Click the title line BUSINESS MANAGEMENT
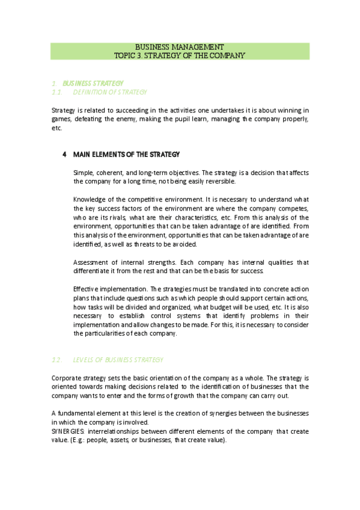point(180,46)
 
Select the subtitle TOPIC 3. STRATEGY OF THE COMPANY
point(180,55)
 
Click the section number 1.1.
point(58,92)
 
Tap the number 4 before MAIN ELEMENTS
point(64,155)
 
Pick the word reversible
point(220,181)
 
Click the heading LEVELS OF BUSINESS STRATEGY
point(118,360)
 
